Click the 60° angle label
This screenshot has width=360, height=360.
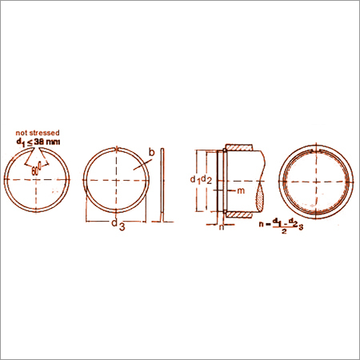click(x=35, y=170)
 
